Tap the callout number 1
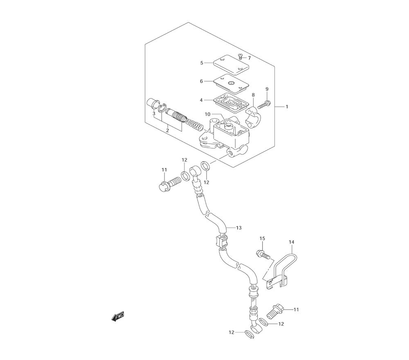click(x=287, y=107)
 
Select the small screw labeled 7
click(x=240, y=56)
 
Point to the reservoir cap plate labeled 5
click(x=231, y=65)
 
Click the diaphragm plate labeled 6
click(x=231, y=84)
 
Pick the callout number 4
click(x=201, y=100)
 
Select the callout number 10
click(x=207, y=114)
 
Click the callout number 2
click(x=167, y=130)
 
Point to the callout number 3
click(x=154, y=114)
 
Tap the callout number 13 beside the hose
click(x=239, y=228)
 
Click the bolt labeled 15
click(x=263, y=253)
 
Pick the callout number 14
click(x=291, y=242)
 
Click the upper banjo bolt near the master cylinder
click(x=170, y=183)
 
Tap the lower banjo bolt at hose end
click(x=275, y=310)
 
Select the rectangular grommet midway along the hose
click(x=221, y=241)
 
